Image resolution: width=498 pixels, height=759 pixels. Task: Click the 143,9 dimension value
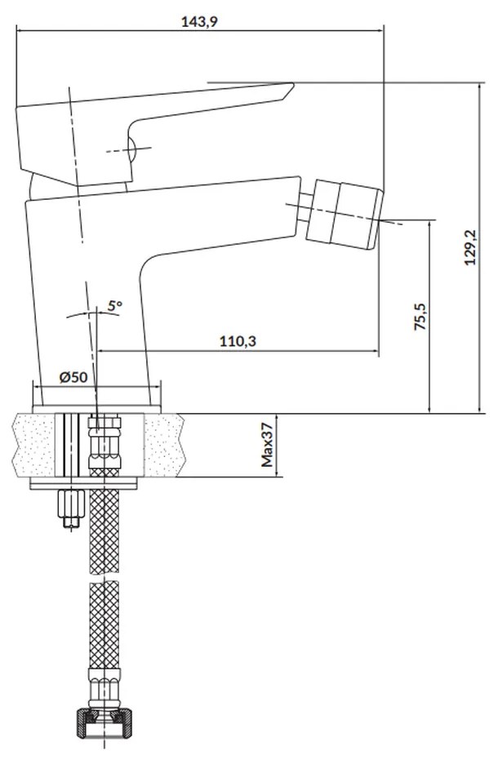pyautogui.click(x=199, y=21)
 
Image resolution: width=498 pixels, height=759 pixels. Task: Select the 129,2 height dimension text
pyautogui.click(x=470, y=246)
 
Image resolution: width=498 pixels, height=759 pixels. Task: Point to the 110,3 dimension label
pyautogui.click(x=238, y=341)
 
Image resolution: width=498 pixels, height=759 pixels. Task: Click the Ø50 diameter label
pyautogui.click(x=73, y=376)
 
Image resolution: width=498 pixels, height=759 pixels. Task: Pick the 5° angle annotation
pyautogui.click(x=115, y=305)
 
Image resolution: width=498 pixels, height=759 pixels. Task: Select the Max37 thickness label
pyautogui.click(x=268, y=446)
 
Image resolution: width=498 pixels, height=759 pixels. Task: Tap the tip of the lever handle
pyautogui.click(x=293, y=84)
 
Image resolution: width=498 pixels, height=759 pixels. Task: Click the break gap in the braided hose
pyautogui.click(x=104, y=578)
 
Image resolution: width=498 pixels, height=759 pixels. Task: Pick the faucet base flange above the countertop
pyautogui.click(x=96, y=410)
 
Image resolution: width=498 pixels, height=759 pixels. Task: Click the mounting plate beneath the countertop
pyautogui.click(x=84, y=484)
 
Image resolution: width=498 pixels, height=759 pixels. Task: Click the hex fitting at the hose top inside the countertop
pyautogui.click(x=104, y=443)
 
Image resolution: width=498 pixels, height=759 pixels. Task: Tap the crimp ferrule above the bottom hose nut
pyautogui.click(x=104, y=686)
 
